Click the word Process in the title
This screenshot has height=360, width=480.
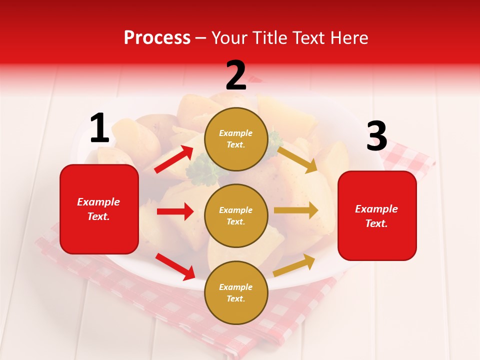[157, 38]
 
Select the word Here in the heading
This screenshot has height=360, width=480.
[349, 38]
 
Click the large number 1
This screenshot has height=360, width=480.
[99, 128]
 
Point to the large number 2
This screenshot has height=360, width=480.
[236, 75]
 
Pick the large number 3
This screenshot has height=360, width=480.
[376, 136]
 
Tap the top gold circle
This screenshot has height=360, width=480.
[236, 139]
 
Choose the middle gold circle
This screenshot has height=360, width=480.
[236, 215]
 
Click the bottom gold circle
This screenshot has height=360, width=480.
[236, 292]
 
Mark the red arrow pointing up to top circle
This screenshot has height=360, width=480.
[174, 159]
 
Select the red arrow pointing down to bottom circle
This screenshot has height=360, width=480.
[175, 266]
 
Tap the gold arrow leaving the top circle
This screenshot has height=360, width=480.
[297, 159]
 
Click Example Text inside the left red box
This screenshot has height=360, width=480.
[98, 209]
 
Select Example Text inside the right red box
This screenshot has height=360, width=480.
[376, 216]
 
